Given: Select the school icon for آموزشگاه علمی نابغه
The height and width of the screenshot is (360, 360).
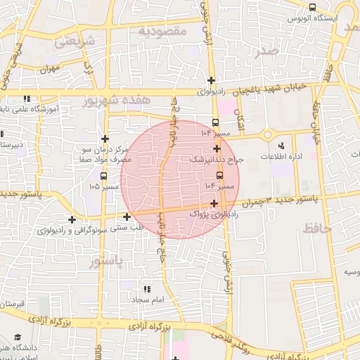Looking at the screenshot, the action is (27, 99).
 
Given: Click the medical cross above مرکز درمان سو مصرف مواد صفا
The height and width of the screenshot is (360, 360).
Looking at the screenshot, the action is (105, 139).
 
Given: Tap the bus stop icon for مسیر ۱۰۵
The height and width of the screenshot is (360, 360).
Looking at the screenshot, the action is (104, 176).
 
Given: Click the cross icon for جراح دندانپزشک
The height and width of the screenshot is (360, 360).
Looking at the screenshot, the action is (217, 148).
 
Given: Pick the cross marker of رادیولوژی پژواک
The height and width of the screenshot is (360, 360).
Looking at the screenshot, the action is (214, 203).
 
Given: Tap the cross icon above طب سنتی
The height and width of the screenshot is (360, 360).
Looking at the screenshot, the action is (127, 217).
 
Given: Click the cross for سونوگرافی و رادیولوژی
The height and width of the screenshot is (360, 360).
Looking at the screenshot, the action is (72, 219).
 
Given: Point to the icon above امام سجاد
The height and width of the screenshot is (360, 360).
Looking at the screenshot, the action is (147, 289).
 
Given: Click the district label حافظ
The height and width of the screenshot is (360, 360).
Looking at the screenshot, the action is (316, 229).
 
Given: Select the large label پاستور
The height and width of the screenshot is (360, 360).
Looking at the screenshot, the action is (108, 262).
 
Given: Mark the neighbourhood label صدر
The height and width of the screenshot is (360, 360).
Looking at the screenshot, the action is (266, 51).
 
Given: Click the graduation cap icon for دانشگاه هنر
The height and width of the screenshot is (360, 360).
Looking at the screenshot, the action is (19, 337).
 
